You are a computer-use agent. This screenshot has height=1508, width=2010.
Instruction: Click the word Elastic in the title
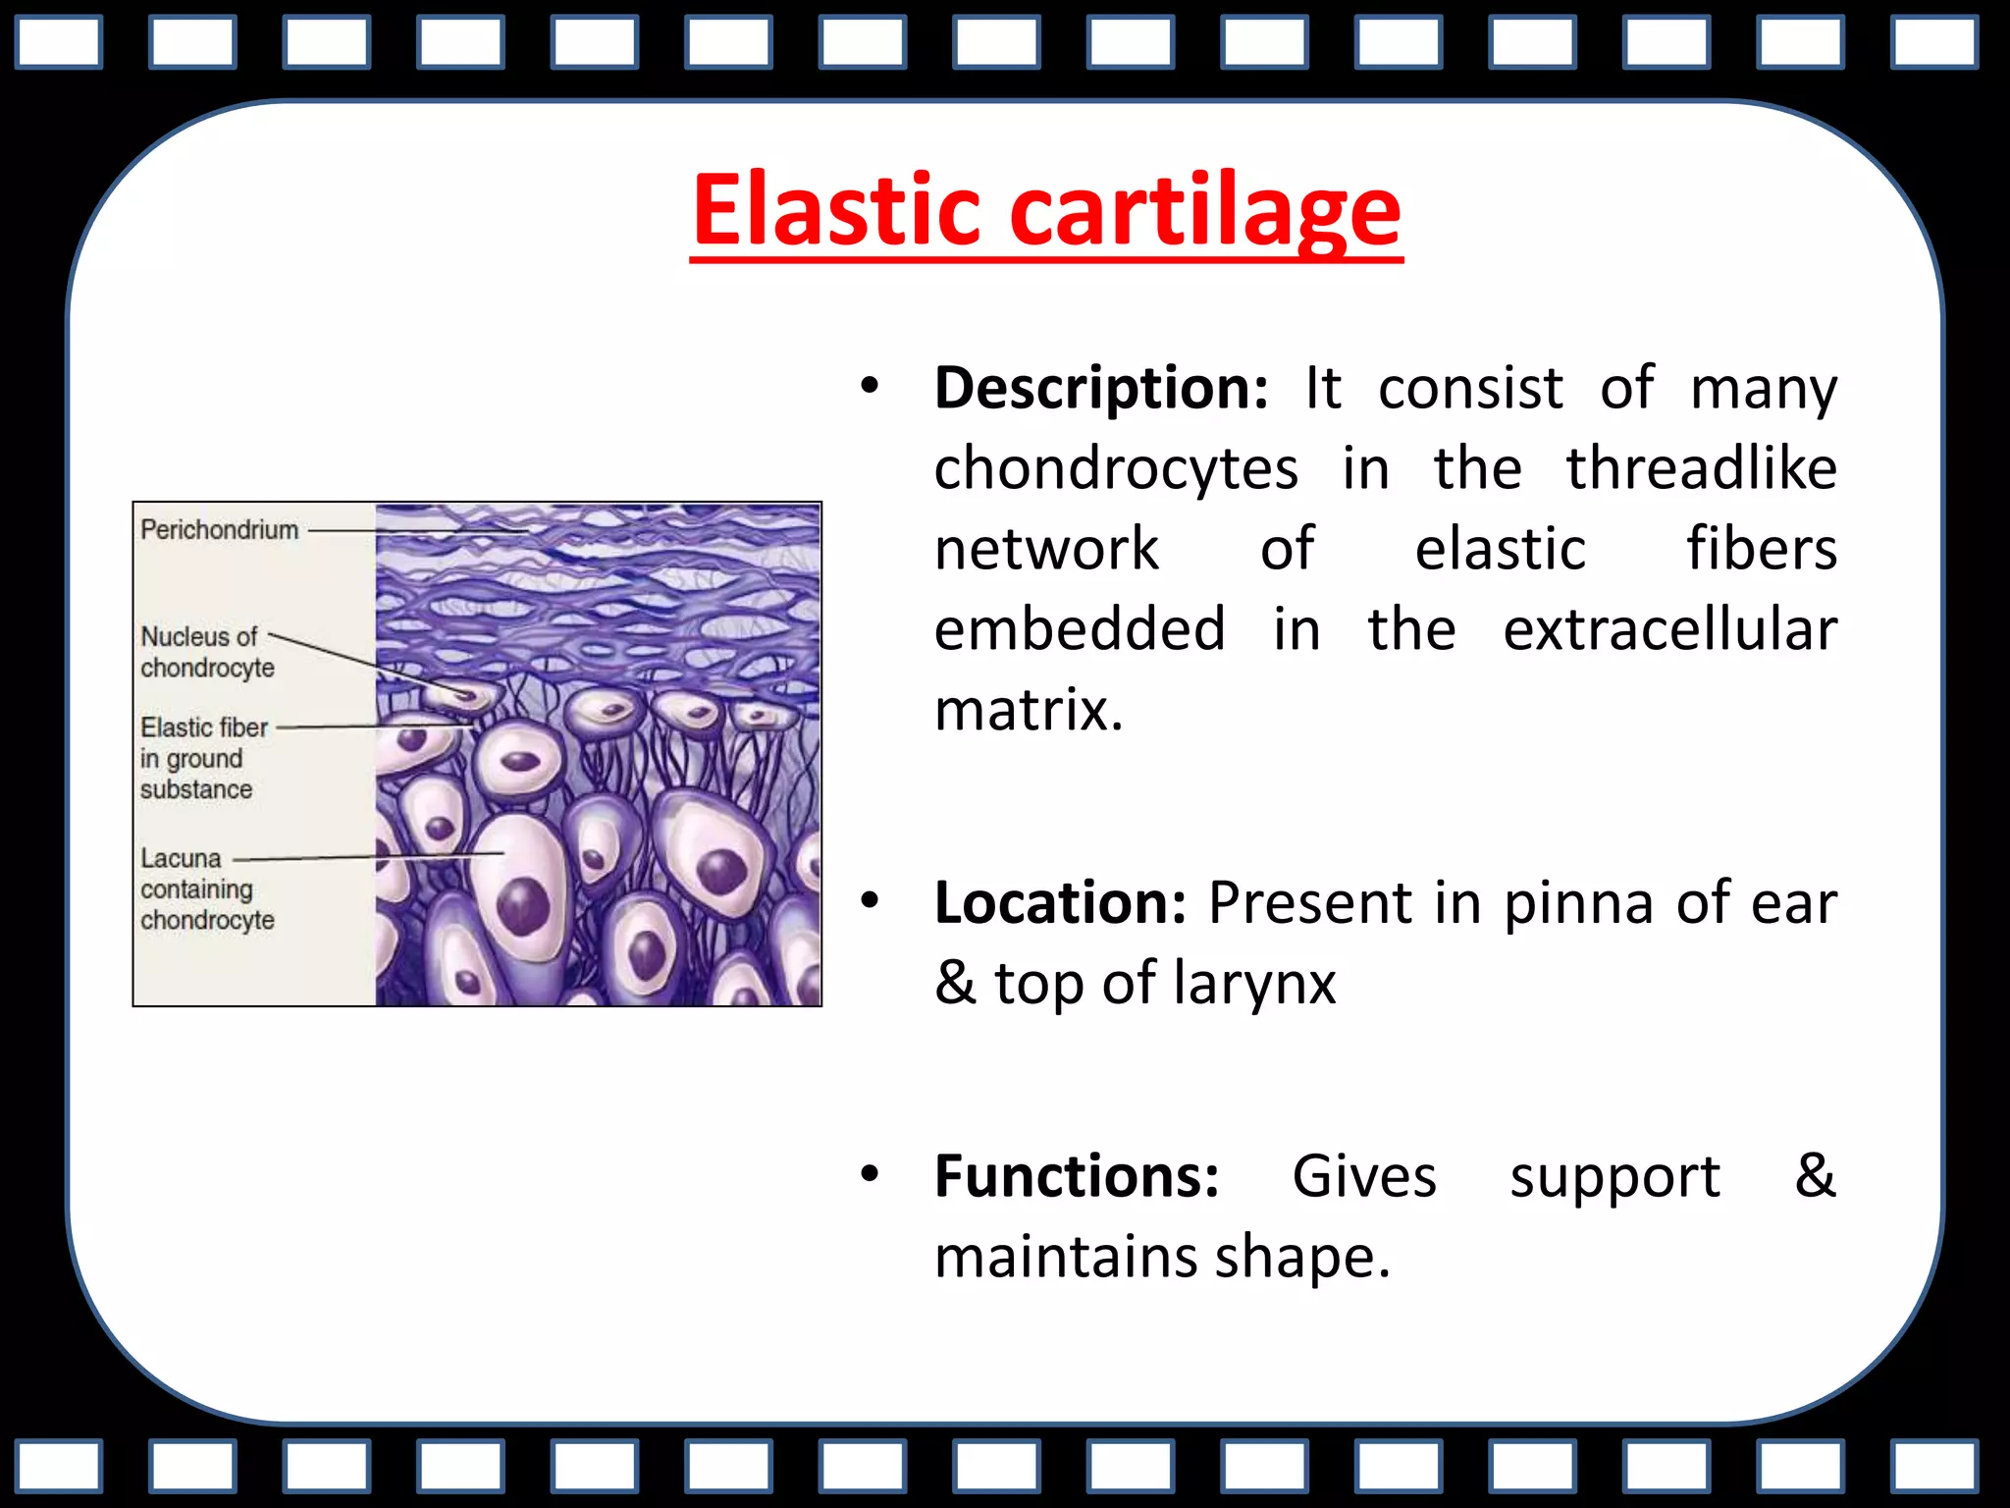click(835, 210)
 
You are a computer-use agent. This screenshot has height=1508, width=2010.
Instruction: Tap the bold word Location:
click(1061, 902)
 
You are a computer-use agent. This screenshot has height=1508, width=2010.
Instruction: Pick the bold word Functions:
click(1077, 1176)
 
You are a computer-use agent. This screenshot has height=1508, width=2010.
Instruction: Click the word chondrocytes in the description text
click(1116, 468)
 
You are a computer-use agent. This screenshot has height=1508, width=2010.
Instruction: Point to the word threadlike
click(1701, 468)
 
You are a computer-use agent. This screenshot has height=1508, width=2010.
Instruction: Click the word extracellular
click(1669, 629)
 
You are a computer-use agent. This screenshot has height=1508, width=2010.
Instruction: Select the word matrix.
click(1028, 710)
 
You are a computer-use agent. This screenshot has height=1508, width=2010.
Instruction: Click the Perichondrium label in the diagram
click(219, 530)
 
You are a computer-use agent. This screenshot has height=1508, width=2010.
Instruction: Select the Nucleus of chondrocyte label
click(207, 652)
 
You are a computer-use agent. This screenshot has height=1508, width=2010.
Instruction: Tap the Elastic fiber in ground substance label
click(203, 758)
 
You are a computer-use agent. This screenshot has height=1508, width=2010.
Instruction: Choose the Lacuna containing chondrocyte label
click(207, 889)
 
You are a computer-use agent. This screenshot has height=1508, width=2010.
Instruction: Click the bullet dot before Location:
click(869, 900)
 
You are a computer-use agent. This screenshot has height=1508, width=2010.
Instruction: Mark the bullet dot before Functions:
click(869, 1174)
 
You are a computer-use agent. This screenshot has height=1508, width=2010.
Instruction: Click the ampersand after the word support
click(1814, 1176)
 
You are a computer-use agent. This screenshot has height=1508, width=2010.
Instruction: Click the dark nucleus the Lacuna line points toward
click(522, 904)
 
